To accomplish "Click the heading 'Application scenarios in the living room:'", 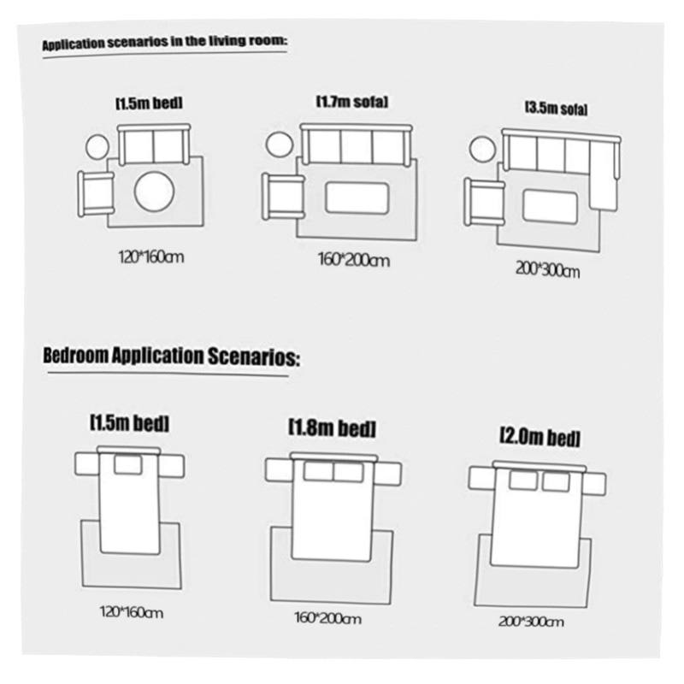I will click(x=164, y=43).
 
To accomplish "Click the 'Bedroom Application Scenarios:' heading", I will click(x=171, y=357).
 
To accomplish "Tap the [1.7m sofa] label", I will click(x=352, y=102).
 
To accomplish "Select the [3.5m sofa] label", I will click(x=555, y=109).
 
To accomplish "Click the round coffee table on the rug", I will click(x=155, y=190).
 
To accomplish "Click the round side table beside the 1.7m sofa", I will click(x=280, y=144).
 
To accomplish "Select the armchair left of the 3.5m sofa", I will click(x=484, y=202).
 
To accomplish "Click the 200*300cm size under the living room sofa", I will click(x=548, y=272).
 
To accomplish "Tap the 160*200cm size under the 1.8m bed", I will click(x=329, y=617).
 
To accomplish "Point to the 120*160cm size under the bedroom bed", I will click(x=131, y=612).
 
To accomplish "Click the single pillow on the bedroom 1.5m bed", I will click(x=128, y=464).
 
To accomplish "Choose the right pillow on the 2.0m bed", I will click(x=555, y=481).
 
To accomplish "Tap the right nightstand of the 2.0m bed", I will click(x=595, y=482).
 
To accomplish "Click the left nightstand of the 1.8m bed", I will click(x=279, y=469).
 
